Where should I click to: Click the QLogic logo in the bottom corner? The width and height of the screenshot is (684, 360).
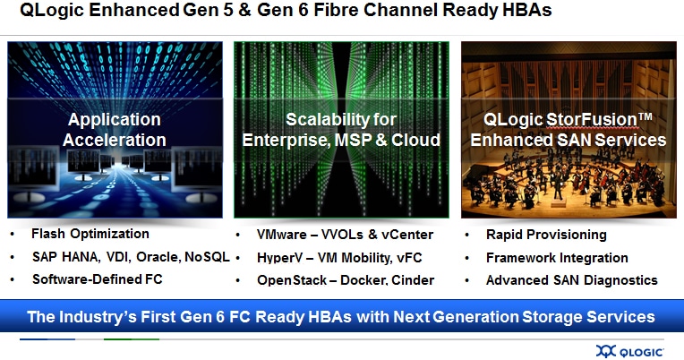pyautogui.click(x=630, y=351)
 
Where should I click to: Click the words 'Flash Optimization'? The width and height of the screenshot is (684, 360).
pyautogui.click(x=90, y=234)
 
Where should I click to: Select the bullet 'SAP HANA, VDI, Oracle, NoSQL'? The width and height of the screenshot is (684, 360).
pyautogui.click(x=131, y=257)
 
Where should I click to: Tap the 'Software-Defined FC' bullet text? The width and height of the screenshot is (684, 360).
pyautogui.click(x=98, y=279)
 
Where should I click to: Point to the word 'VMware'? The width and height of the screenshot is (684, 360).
pyautogui.click(x=282, y=235)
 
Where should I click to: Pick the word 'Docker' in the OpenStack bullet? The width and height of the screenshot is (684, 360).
pyautogui.click(x=363, y=280)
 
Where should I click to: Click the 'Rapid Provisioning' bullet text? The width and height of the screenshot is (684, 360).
pyautogui.click(x=546, y=235)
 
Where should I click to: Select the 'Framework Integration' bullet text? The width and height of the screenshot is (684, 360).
pyautogui.click(x=557, y=258)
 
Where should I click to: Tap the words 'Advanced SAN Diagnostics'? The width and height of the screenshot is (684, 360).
pyautogui.click(x=572, y=280)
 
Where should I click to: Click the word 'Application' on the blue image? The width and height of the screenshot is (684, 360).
pyautogui.click(x=115, y=120)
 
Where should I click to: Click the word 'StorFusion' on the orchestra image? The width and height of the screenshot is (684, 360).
pyautogui.click(x=592, y=120)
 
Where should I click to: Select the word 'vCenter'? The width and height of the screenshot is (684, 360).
pyautogui.click(x=407, y=235)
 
